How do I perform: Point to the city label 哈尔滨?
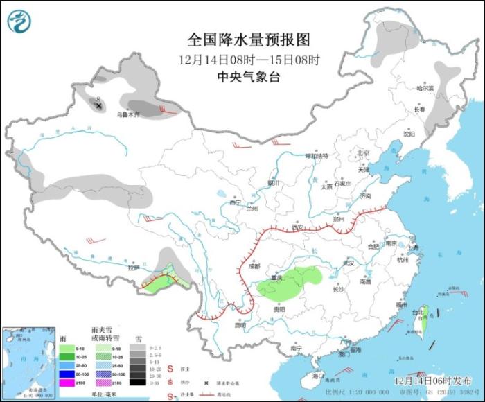click(x=425, y=89)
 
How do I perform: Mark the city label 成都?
click(x=254, y=265)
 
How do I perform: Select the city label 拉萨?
click(x=134, y=267)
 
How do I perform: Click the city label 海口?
click(x=318, y=375)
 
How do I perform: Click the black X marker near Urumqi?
click(x=99, y=105)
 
